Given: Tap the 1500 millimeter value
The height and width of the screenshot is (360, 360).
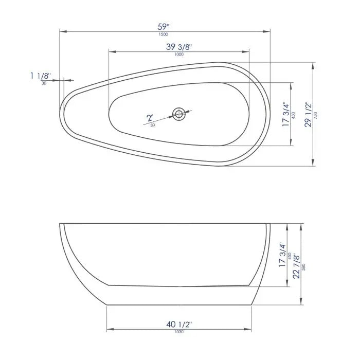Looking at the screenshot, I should point(164,34).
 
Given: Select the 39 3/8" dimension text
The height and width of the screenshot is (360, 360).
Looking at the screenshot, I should point(179,47).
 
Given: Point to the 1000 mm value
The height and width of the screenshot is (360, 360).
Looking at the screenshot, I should point(179,55).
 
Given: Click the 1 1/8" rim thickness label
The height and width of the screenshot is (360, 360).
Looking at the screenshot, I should point(41,76).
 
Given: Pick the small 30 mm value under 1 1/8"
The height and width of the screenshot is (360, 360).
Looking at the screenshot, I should point(43,83).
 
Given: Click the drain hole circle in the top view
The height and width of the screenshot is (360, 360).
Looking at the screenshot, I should point(179,114).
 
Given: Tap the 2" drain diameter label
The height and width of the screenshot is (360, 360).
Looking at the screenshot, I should point(150,118).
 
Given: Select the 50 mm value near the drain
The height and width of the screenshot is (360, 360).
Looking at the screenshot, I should point(153,125).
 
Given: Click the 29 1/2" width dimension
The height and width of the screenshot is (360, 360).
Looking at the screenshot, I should point(308,114).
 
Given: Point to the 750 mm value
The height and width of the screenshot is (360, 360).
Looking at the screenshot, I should point(316,115).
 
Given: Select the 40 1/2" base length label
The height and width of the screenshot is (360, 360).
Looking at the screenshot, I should point(179,324).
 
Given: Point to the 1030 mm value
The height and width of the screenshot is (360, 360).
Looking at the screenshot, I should point(179,332).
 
